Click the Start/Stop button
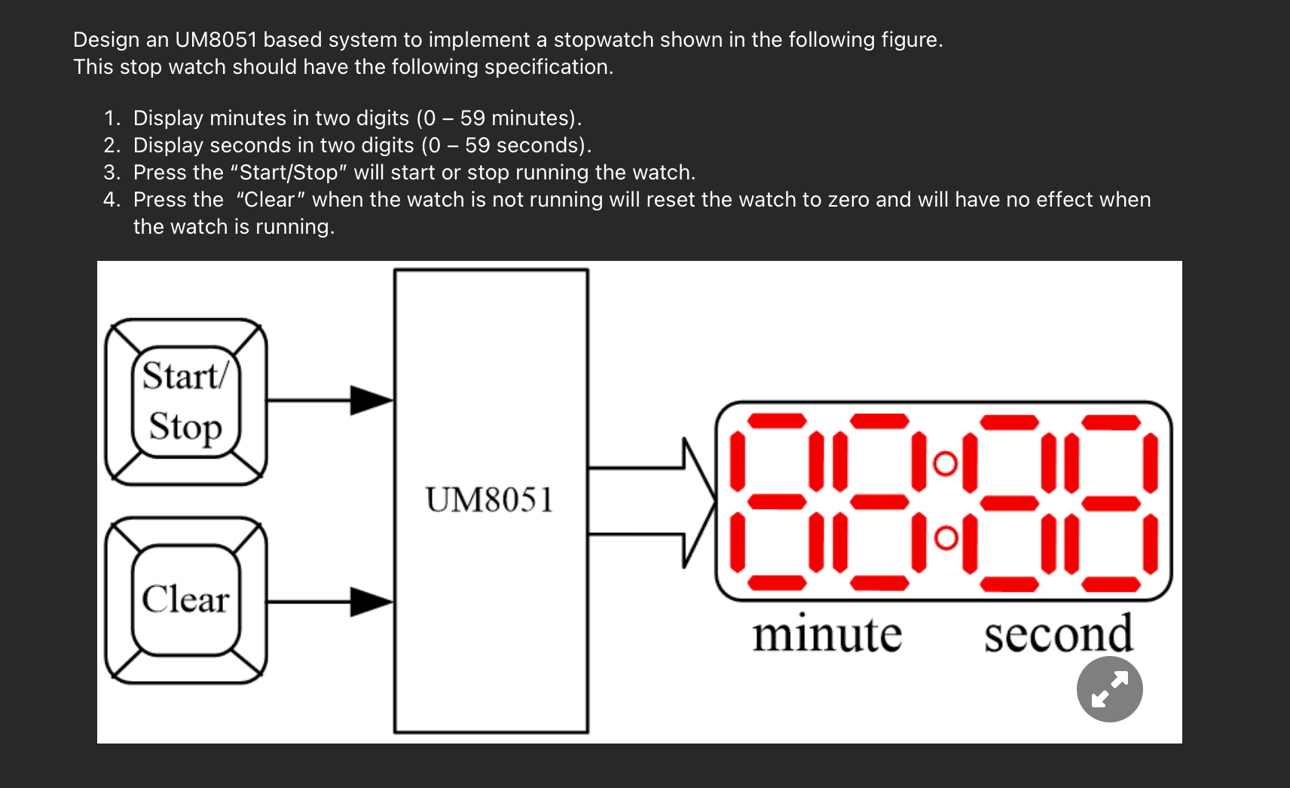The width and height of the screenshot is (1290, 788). coord(185,401)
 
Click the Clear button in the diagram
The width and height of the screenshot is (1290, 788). coord(185,600)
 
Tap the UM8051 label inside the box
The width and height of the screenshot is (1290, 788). coord(490,500)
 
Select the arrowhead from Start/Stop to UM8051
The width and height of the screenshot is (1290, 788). coord(371,400)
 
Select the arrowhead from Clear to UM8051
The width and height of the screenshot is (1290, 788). coord(371,602)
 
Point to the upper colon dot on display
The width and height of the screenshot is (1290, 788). coord(946,464)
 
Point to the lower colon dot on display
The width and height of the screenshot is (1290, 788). coord(946,538)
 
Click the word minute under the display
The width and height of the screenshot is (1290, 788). coord(827,635)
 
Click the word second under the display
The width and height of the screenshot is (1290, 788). coord(1058,635)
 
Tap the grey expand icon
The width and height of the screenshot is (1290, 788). coord(1109,689)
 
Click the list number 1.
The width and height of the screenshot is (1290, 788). coord(112,118)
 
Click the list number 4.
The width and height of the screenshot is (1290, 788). coord(112,200)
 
